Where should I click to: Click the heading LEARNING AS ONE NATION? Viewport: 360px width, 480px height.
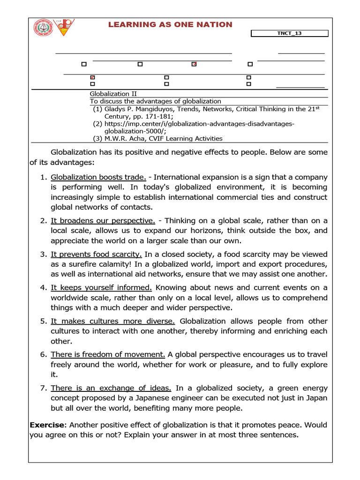[x=170, y=24]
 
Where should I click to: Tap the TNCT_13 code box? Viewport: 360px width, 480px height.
[x=290, y=33]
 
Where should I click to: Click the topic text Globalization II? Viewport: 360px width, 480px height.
[x=113, y=94]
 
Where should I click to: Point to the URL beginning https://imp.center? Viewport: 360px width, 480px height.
[x=199, y=124]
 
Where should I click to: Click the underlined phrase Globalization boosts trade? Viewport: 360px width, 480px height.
[x=98, y=177]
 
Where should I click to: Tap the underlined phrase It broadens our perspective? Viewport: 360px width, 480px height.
[x=103, y=220]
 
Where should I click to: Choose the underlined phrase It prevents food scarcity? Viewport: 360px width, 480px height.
[x=96, y=254]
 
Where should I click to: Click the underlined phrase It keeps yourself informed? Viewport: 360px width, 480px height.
[x=101, y=287]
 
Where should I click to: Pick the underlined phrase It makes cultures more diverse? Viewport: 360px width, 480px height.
[x=112, y=321]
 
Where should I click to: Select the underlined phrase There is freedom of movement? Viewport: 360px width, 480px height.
[x=108, y=354]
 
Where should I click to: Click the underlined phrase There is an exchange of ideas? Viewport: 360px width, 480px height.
[x=111, y=388]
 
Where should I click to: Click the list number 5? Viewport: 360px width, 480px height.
[x=43, y=321]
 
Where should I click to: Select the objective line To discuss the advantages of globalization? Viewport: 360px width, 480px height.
[x=155, y=101]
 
